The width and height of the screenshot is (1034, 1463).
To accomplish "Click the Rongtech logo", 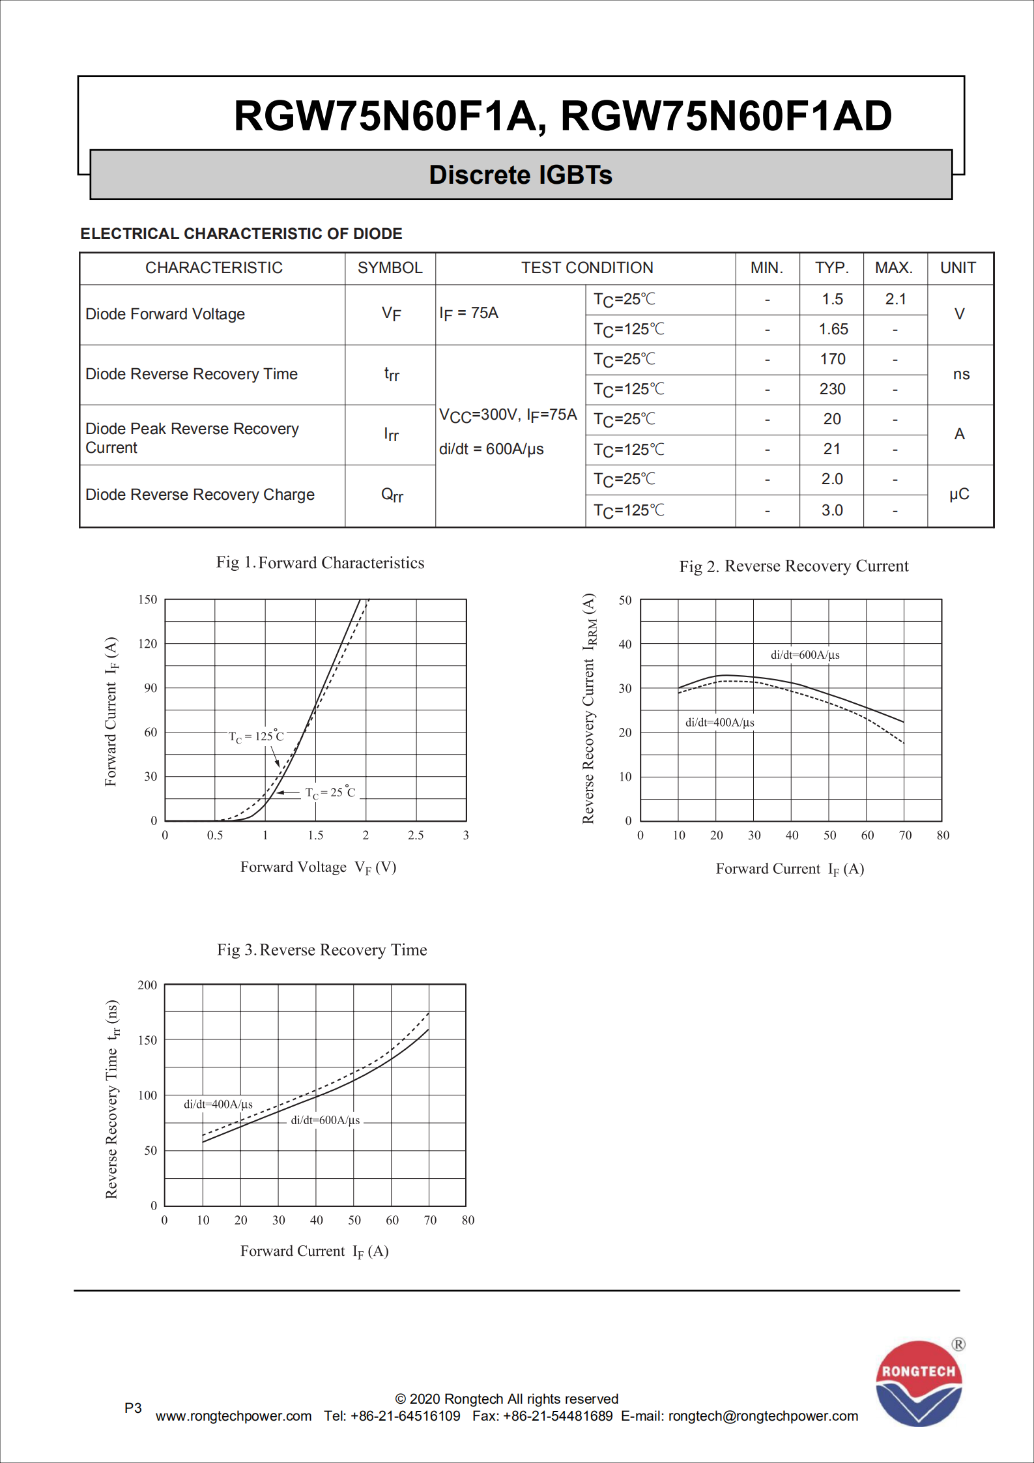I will pyautogui.click(x=919, y=1383).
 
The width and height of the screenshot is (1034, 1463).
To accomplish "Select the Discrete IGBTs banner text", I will pyautogui.click(x=521, y=175).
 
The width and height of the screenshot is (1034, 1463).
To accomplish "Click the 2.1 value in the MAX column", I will pyautogui.click(x=895, y=299).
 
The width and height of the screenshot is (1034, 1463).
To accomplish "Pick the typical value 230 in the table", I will pyautogui.click(x=832, y=389).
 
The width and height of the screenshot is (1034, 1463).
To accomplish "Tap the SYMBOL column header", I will pyautogui.click(x=390, y=268).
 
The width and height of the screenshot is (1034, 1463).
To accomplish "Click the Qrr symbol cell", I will pyautogui.click(x=392, y=495).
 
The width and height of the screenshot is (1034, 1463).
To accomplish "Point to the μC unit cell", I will pyautogui.click(x=959, y=494).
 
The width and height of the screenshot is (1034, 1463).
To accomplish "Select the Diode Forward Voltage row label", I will pyautogui.click(x=165, y=314).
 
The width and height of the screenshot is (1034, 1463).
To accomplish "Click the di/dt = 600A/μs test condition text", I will pyautogui.click(x=491, y=449).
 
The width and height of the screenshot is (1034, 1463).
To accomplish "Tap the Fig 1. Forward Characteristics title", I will pyautogui.click(x=320, y=563).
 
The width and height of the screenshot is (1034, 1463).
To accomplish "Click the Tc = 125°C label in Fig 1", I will pyautogui.click(x=256, y=736).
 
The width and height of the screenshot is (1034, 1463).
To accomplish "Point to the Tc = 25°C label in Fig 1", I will pyautogui.click(x=330, y=792).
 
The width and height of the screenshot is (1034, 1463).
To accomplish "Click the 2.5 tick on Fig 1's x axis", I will pyautogui.click(x=416, y=835).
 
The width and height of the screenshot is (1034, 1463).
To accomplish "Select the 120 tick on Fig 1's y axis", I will pyautogui.click(x=148, y=644).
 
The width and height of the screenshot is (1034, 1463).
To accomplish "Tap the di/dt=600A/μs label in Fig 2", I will pyautogui.click(x=805, y=655).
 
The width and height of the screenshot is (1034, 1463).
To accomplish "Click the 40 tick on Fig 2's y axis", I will pyautogui.click(x=625, y=645).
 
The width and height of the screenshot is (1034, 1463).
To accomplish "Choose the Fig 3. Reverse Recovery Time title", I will pyautogui.click(x=322, y=950).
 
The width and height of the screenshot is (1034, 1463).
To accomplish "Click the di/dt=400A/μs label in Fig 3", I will pyautogui.click(x=218, y=1104).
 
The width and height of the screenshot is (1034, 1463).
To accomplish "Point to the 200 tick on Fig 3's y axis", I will pyautogui.click(x=147, y=985).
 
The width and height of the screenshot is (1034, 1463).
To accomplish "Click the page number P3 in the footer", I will pyautogui.click(x=133, y=1408).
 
